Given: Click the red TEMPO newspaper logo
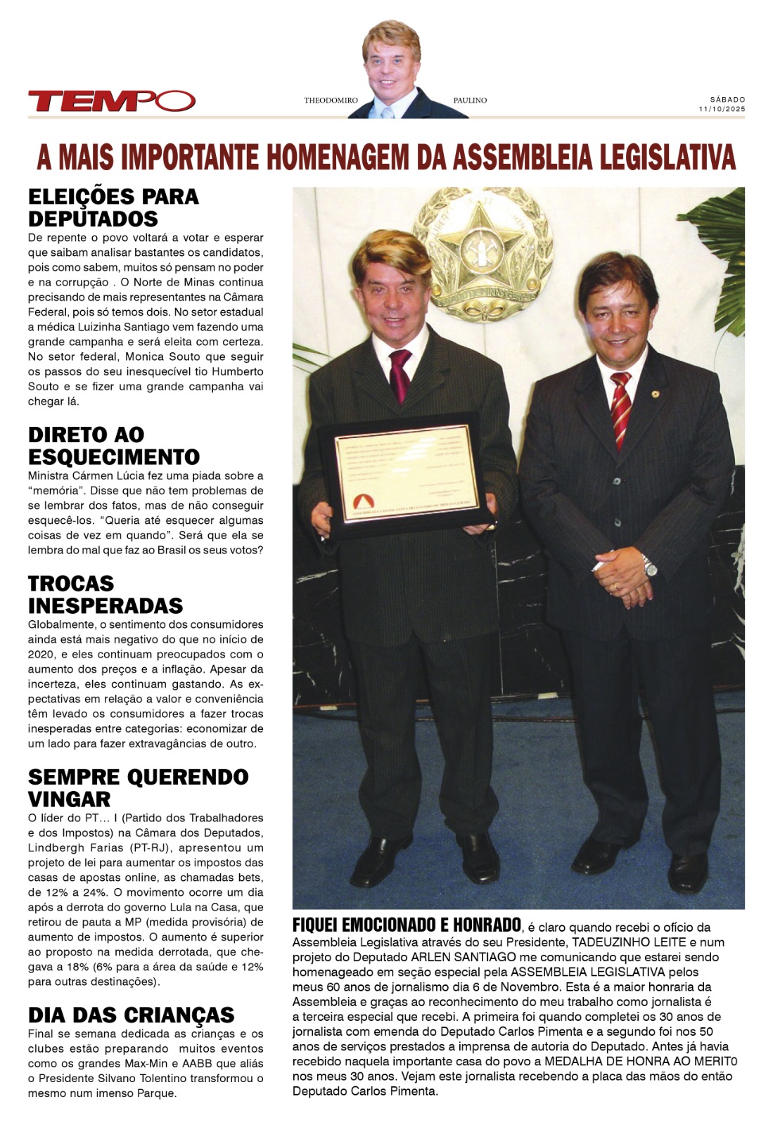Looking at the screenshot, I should [111, 101].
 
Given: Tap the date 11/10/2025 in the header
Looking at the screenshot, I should [722, 109].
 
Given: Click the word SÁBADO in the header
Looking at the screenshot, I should [727, 100].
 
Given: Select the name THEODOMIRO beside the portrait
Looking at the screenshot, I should [331, 101].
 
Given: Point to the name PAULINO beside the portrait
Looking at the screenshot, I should [470, 101].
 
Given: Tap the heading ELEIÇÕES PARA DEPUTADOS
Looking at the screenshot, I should [113, 207].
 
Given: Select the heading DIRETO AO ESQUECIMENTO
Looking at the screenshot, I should [113, 445].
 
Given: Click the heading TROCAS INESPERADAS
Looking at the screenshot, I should [106, 594].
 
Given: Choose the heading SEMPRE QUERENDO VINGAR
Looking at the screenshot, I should [138, 787].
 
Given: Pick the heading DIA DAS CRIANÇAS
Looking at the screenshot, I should [131, 1015].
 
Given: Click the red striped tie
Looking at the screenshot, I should [620, 408].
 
